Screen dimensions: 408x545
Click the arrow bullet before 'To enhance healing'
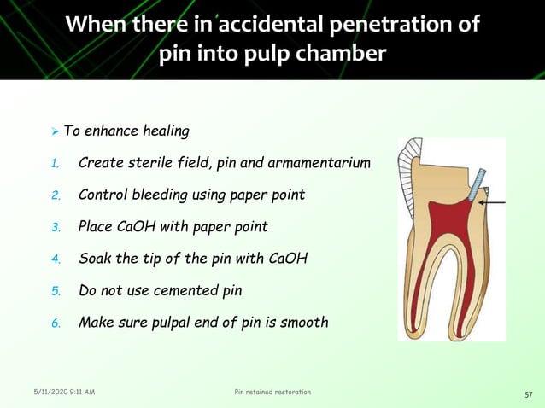(x=55, y=132)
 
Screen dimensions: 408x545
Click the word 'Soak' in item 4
(x=94, y=259)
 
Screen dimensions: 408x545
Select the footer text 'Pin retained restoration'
(x=272, y=392)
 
